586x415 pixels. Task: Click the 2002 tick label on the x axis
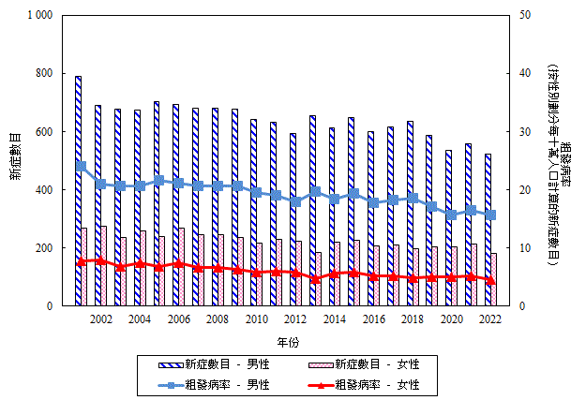pyautogui.click(x=100, y=319)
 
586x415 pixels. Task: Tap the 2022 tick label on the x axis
pyautogui.click(x=489, y=319)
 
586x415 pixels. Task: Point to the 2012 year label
pyautogui.click(x=295, y=319)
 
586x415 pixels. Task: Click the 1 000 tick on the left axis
pyautogui.click(x=40, y=16)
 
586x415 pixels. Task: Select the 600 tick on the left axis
pyautogui.click(x=46, y=132)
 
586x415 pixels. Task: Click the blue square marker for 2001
pyautogui.click(x=82, y=166)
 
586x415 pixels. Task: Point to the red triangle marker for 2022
pyautogui.click(x=490, y=280)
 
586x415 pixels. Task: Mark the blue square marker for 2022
pyautogui.click(x=490, y=215)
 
